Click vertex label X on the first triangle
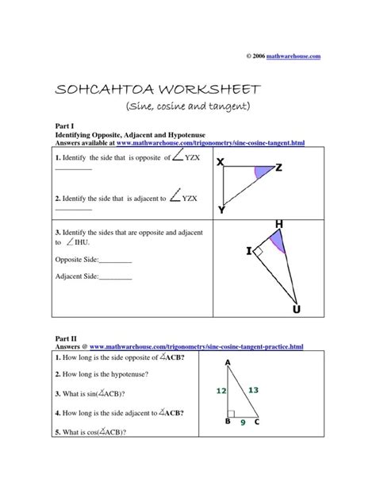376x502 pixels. click(x=221, y=162)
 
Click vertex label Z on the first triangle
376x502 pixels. click(x=279, y=168)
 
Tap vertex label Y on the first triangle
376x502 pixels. click(x=221, y=210)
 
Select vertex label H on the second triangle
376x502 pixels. click(x=278, y=226)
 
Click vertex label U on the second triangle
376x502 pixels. click(x=296, y=308)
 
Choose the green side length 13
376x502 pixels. click(x=253, y=389)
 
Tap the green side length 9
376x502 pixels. click(x=243, y=423)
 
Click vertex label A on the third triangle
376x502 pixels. click(x=228, y=363)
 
